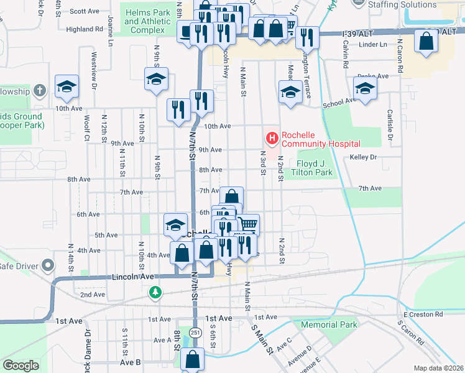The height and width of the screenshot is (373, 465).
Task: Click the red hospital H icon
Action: [272, 137]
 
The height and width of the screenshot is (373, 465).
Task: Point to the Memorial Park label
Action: [329, 325]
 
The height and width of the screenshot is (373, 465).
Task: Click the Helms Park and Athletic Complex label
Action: [147, 21]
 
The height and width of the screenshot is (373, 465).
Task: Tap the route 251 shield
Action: [195, 332]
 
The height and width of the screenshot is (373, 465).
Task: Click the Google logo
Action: [21, 366]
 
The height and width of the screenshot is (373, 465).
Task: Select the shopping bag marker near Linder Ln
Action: [427, 42]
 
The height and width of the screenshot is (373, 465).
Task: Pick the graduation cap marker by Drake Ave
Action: [365, 88]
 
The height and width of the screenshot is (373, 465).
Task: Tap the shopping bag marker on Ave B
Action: [193, 359]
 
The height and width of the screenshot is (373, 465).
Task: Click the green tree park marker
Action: [155, 292]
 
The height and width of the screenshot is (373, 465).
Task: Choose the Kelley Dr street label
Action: [364, 157]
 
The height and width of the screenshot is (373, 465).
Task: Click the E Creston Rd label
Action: [423, 315]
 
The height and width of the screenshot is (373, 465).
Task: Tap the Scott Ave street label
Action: [85, 11]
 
